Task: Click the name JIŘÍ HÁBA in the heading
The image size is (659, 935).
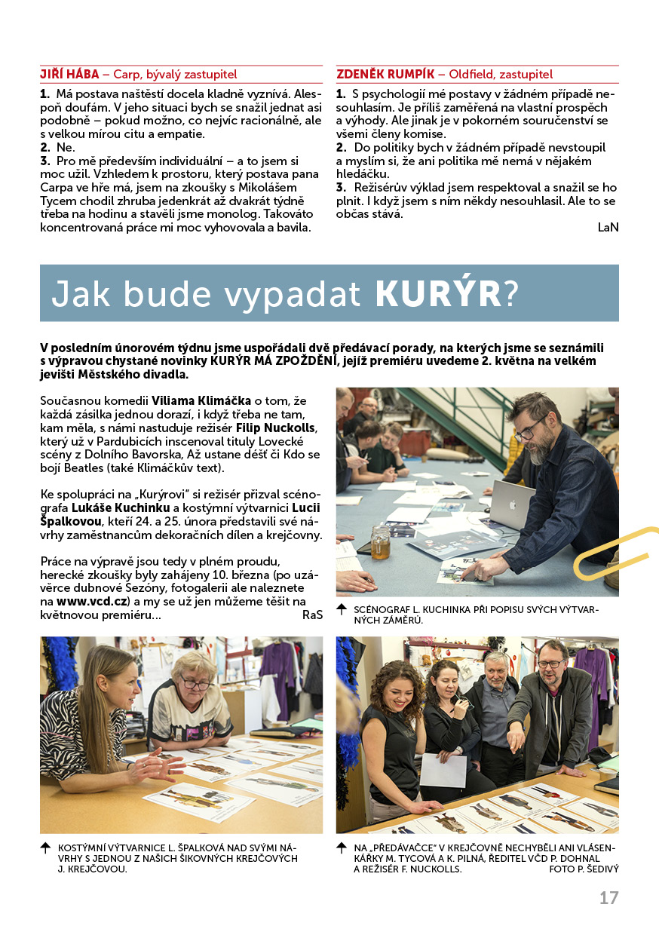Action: (x=69, y=75)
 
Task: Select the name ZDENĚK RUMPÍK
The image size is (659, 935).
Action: (x=385, y=75)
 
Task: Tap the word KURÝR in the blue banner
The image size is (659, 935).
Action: (x=437, y=294)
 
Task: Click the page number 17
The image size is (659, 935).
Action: (x=608, y=898)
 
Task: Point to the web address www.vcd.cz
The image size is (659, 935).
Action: (x=91, y=602)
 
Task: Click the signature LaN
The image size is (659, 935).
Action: (x=608, y=227)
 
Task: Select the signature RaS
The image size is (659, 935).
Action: (x=312, y=615)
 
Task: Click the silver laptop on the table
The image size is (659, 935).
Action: (x=510, y=503)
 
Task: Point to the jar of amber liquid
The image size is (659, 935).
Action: (x=381, y=542)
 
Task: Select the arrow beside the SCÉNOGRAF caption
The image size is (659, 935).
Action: (x=342, y=608)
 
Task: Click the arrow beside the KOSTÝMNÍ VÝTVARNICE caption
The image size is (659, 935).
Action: (x=45, y=848)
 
